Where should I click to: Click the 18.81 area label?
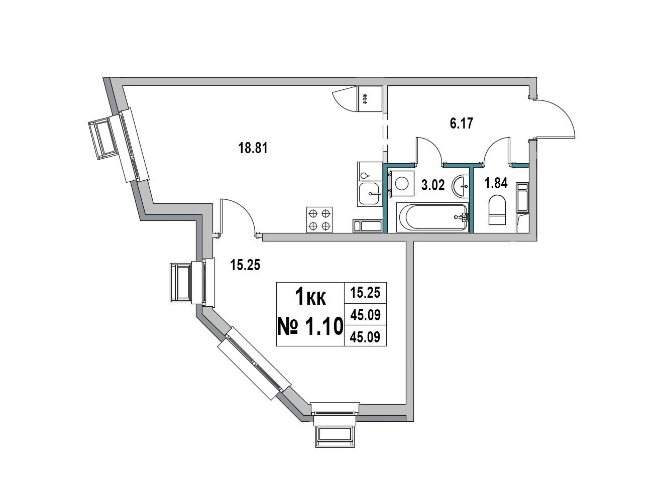point(253,148)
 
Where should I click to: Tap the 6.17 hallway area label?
point(462,123)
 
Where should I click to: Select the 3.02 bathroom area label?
point(433,185)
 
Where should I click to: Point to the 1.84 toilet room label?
point(496,183)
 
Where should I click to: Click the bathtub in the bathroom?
point(432,217)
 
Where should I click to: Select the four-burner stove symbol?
point(319,220)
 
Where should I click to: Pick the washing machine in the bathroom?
point(401,183)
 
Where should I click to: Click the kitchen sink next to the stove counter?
point(370,194)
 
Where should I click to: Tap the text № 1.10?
point(310,326)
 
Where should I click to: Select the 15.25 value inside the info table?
point(365,293)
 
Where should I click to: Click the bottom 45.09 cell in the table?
point(365,337)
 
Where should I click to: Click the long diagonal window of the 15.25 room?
point(254,363)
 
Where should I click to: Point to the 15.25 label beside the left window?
point(245,266)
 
